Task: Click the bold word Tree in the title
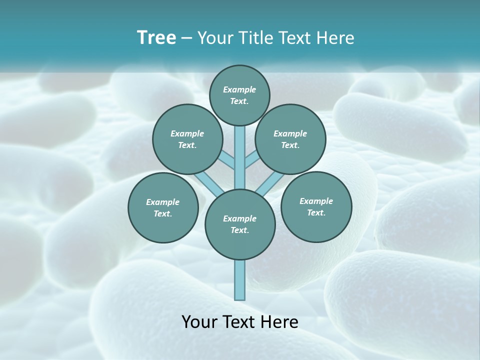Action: [x=156, y=37]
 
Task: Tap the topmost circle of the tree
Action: [x=239, y=95]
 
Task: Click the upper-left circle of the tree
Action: [x=187, y=139]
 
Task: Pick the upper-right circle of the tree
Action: [x=290, y=139]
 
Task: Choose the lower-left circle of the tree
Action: [x=163, y=207]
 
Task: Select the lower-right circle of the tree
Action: [x=316, y=206]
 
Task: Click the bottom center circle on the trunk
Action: [x=240, y=224]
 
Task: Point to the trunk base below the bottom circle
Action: [x=240, y=280]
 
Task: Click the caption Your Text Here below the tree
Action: [x=240, y=321]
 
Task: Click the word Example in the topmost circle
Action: [x=239, y=89]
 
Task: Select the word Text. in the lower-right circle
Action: [x=316, y=212]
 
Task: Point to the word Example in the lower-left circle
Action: [x=162, y=202]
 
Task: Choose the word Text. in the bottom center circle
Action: [x=239, y=230]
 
